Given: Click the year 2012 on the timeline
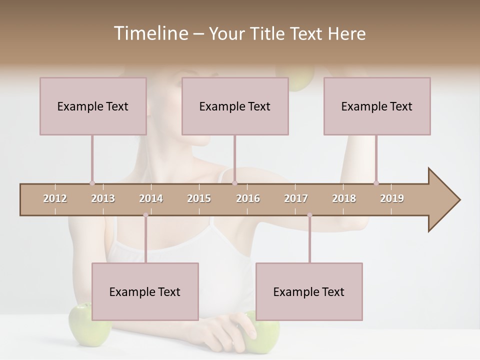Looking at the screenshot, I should click(x=55, y=198).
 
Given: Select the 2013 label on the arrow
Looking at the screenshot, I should click(x=103, y=198).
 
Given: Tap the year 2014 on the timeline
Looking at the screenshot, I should click(x=151, y=198).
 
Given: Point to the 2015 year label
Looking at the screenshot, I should click(x=199, y=198).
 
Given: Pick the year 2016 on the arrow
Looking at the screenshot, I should click(x=248, y=198).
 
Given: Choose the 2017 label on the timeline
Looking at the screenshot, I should click(x=296, y=198).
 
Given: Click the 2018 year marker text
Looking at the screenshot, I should click(x=344, y=198).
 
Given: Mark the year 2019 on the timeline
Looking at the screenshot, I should click(x=392, y=198).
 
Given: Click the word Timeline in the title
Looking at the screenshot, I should click(x=149, y=33).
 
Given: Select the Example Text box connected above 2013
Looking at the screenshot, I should click(x=93, y=106).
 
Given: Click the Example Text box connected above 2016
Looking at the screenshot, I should click(x=235, y=106).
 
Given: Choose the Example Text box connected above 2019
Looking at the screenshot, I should click(x=377, y=106).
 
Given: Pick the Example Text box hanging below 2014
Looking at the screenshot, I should click(x=145, y=291).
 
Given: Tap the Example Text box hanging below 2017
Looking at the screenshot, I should click(x=309, y=291).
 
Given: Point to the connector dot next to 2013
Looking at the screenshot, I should click(x=92, y=183).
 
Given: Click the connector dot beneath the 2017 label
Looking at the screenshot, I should click(x=309, y=215).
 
